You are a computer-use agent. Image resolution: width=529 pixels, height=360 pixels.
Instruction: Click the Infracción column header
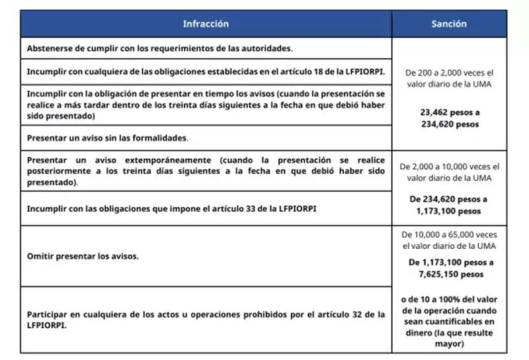(206, 24)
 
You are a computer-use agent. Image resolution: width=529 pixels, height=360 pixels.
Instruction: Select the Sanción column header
(449, 24)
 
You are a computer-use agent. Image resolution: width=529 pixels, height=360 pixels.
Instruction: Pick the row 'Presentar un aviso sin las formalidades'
(108, 138)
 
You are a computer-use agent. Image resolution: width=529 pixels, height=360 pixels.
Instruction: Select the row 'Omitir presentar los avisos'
(83, 256)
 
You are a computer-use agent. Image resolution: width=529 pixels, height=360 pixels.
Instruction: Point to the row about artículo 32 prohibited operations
(206, 320)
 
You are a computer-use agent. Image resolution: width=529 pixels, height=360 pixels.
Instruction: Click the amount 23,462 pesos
(448, 112)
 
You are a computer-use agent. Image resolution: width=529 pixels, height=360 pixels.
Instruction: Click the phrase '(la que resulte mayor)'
(449, 339)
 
